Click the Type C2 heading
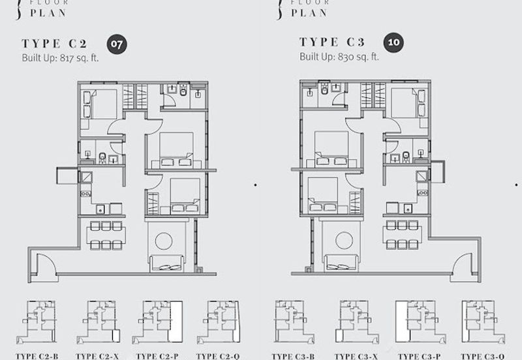click(55, 44)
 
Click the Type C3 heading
click(331, 42)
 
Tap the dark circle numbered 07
click(117, 44)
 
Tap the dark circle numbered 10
click(394, 43)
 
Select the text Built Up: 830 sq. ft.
click(339, 56)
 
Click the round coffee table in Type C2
click(164, 241)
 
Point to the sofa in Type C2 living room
click(168, 263)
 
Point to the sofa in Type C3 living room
click(340, 263)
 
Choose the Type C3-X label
click(355, 356)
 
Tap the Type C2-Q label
click(218, 356)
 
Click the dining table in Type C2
click(102, 235)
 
